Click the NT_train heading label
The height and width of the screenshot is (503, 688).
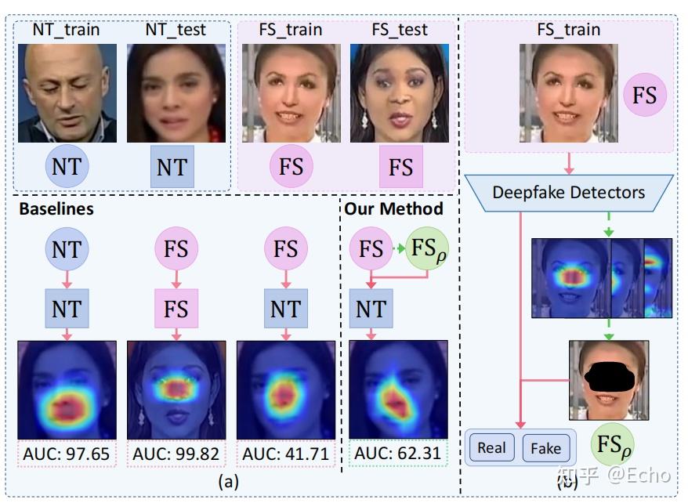click(x=67, y=30)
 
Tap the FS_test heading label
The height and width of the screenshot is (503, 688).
click(x=399, y=30)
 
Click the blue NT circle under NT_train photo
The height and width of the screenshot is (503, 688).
click(x=67, y=167)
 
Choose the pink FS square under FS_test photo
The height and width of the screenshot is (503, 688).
click(x=400, y=167)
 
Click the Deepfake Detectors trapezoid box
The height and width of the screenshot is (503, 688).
click(x=568, y=192)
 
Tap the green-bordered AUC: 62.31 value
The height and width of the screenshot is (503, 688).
click(x=395, y=453)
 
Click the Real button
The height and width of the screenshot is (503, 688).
click(x=491, y=447)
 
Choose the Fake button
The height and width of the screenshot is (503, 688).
click(x=545, y=447)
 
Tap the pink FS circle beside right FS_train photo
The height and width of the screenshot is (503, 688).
click(x=644, y=96)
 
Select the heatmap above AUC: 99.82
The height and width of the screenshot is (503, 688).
click(x=176, y=389)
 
